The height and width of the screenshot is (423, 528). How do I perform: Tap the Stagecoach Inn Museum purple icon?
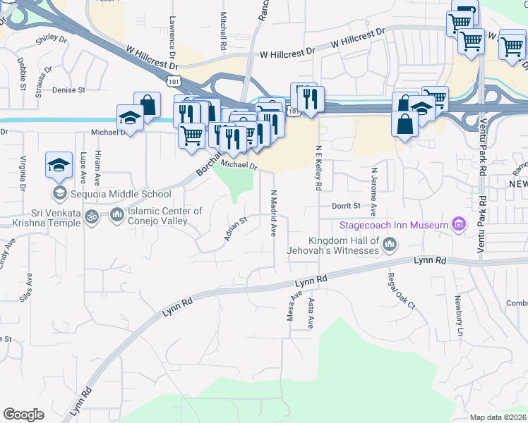click(x=459, y=226)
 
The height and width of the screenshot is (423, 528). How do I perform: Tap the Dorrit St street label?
click(x=346, y=206)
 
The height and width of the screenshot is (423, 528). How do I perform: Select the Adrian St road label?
click(x=236, y=228)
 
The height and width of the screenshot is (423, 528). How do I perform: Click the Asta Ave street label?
click(x=311, y=313)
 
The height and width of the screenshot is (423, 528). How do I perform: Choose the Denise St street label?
click(x=68, y=90)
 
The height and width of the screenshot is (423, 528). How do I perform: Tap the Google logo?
click(x=23, y=414)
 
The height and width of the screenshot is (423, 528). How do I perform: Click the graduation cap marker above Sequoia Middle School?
click(x=59, y=165)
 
